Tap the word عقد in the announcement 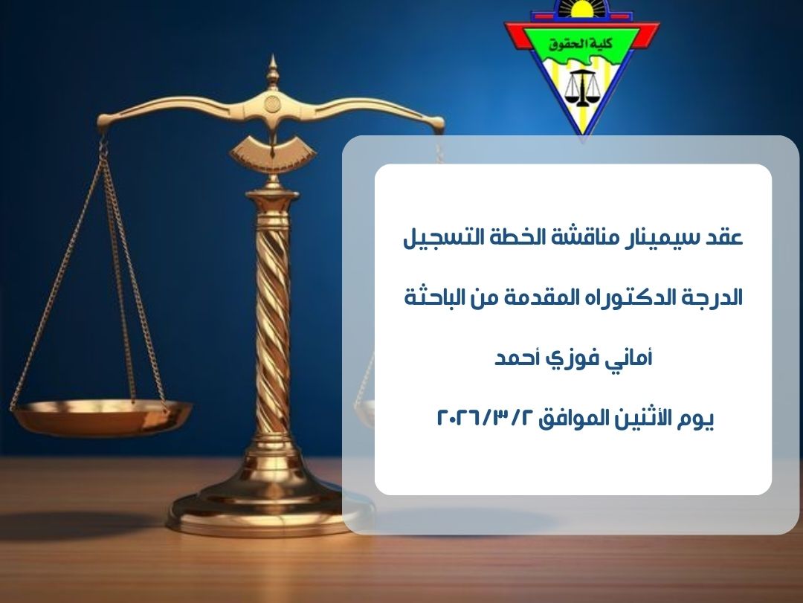click(726, 238)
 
